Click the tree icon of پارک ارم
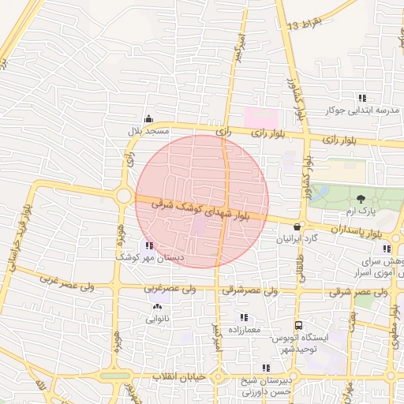pos(361,198)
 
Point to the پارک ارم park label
pos(361,211)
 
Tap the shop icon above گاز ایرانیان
pos(297,226)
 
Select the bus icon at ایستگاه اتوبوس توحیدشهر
pos(298,325)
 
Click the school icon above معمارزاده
pos(244,317)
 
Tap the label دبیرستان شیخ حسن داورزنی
pos(267,385)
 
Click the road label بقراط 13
pos(305,25)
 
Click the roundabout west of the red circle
pos(123,195)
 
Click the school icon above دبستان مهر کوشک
pos(149,245)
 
